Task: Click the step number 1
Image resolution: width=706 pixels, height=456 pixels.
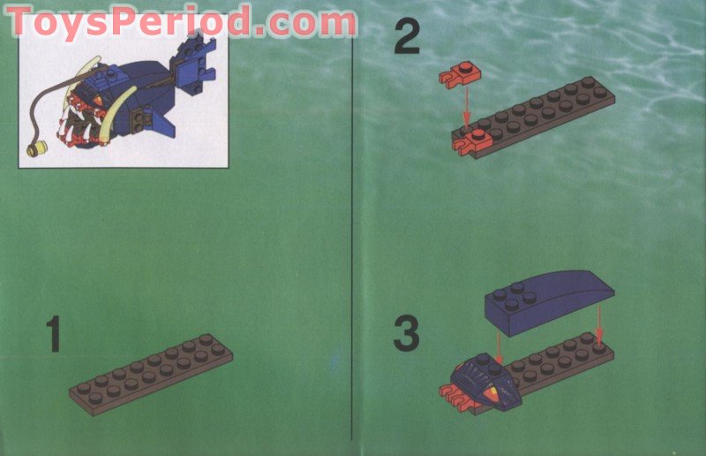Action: (54, 337)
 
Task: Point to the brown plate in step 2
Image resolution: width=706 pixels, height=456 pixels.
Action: (538, 114)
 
